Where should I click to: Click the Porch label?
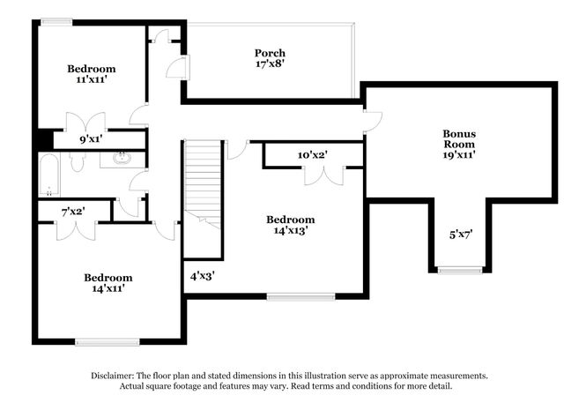270,53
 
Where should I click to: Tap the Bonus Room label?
458,138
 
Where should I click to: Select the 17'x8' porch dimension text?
270,64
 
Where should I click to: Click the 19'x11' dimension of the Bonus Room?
458,154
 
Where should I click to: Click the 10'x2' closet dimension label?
312,154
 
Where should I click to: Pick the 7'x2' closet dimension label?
73,212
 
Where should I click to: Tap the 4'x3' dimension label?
202,274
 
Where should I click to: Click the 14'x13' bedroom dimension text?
291,231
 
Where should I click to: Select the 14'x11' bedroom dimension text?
108,289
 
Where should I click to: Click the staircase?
202,181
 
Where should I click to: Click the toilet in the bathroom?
78,161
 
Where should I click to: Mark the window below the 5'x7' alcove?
460,269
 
